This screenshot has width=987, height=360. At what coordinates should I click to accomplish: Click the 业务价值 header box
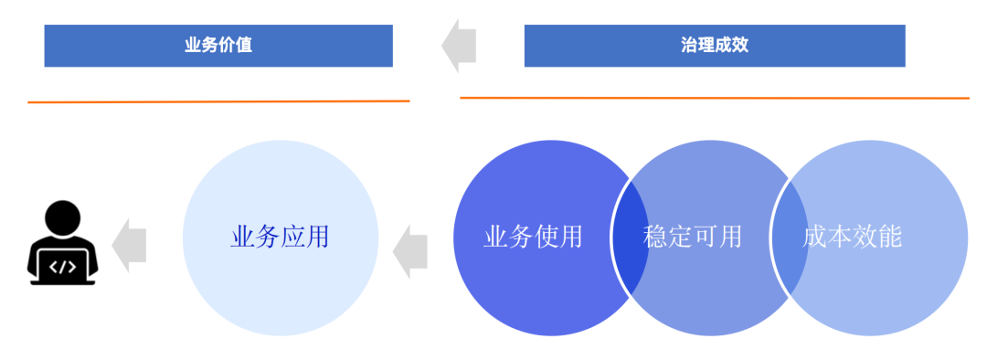pos(218,46)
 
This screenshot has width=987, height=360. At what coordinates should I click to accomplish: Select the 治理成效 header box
pos(714,46)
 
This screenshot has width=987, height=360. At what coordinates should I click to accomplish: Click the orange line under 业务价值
pos(218,101)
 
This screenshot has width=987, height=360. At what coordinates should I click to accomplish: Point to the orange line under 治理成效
pos(714,97)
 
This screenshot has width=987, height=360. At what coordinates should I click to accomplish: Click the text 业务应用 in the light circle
pos(280,238)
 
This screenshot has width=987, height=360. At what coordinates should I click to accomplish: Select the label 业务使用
pos(533,238)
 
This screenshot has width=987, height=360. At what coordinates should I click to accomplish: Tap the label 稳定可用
pos(693,238)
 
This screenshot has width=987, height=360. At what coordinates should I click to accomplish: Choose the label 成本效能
pos(852,238)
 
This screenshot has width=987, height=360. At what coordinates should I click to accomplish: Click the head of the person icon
pos(62,218)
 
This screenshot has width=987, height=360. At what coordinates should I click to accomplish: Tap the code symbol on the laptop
pos(62,268)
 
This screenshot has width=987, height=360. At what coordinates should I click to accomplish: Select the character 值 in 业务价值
pos(244,46)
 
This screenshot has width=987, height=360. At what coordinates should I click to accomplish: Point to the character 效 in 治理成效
pos(739,46)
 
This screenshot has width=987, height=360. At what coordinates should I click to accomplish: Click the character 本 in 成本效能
pos(840,238)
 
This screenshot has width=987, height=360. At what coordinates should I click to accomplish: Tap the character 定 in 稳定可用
pos(680,238)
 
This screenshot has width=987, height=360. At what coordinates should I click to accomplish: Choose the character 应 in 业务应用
pos(292,238)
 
